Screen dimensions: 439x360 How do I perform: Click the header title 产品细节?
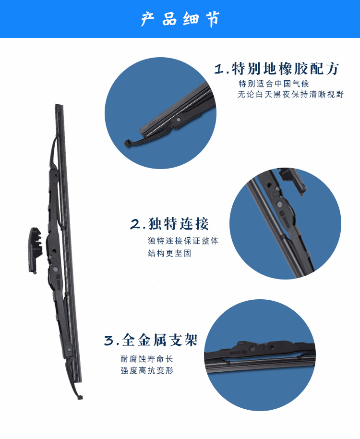180,19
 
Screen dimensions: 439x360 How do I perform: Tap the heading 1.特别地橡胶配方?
277,69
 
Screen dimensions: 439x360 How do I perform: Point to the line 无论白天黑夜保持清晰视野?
291,95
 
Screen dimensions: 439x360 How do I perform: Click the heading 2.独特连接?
169,224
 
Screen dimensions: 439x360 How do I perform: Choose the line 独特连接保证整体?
183,241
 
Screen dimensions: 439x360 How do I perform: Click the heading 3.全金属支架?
151,340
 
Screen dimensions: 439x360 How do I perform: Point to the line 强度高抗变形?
146,370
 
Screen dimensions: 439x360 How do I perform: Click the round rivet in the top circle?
178,119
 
